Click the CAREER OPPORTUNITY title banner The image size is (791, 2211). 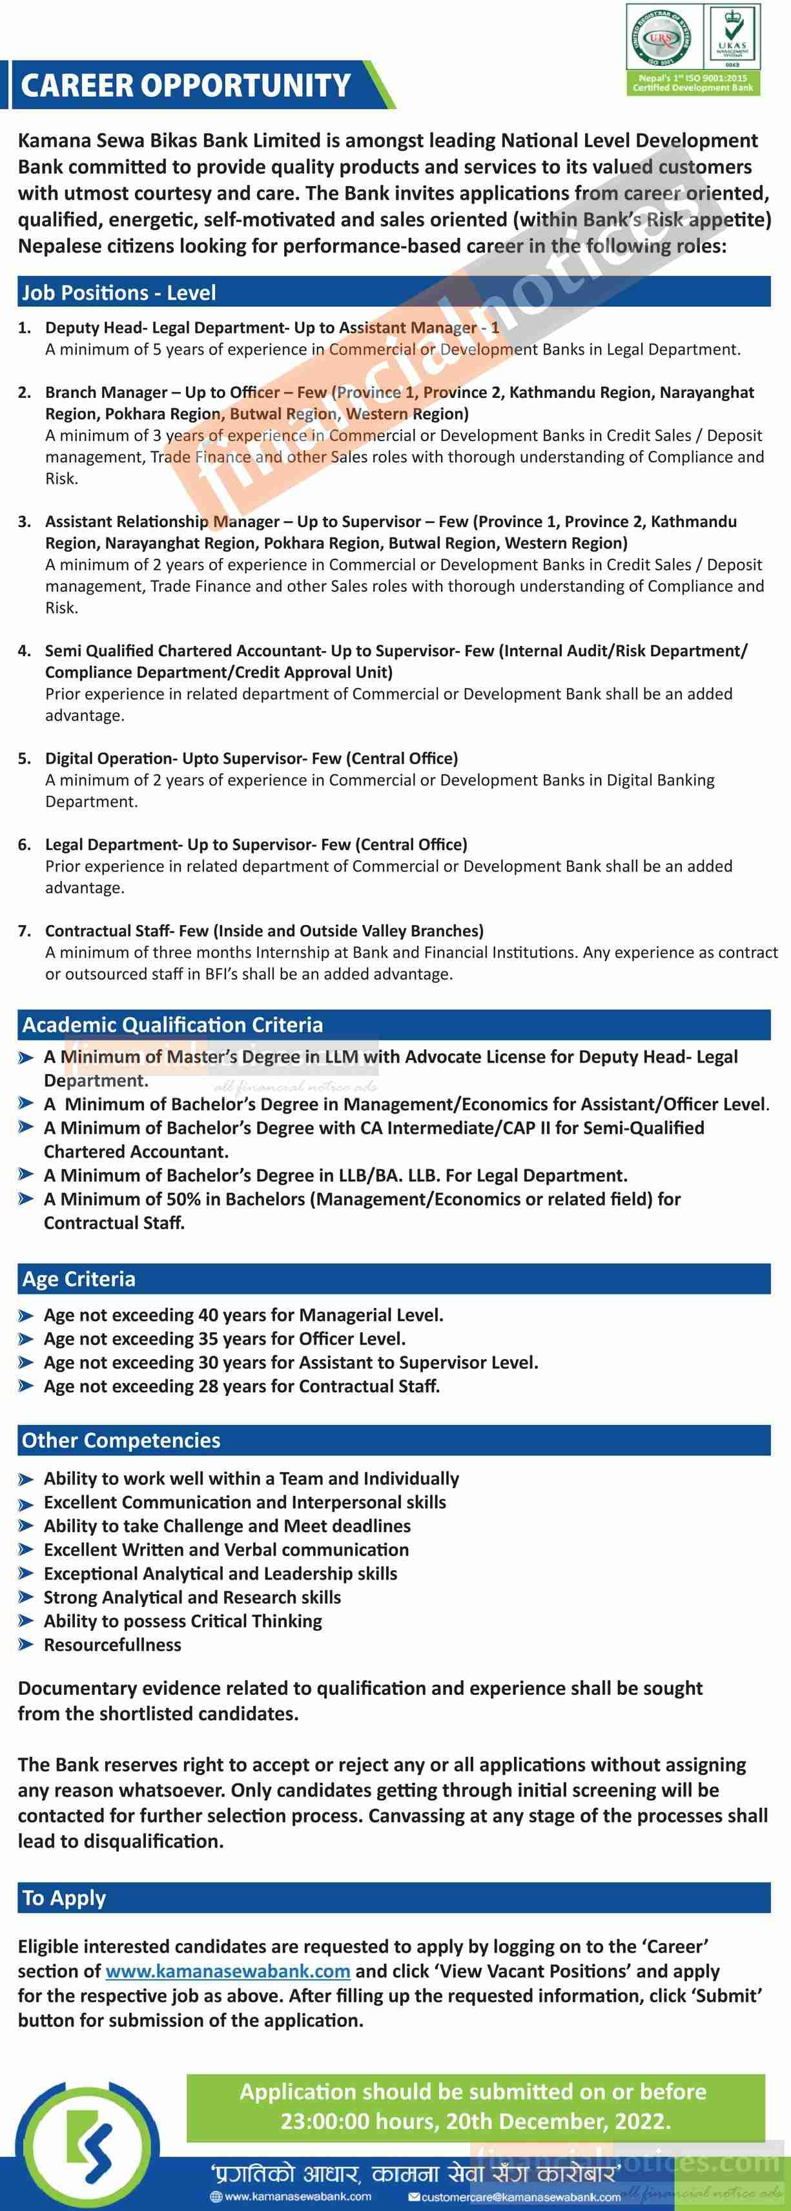[x=186, y=86]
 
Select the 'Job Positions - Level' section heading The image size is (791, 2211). [x=119, y=293]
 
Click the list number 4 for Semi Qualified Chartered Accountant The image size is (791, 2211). [x=25, y=650]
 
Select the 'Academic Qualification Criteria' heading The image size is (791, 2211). [x=172, y=1025]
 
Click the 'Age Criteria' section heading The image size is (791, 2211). [x=79, y=1279]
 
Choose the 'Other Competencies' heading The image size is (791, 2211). [x=121, y=1440]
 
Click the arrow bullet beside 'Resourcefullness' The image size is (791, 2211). [x=26, y=1645]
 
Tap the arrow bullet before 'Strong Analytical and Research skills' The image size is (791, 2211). [x=26, y=1598]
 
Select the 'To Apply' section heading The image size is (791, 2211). [x=65, y=1898]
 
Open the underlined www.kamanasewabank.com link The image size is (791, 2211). [x=227, y=1971]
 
